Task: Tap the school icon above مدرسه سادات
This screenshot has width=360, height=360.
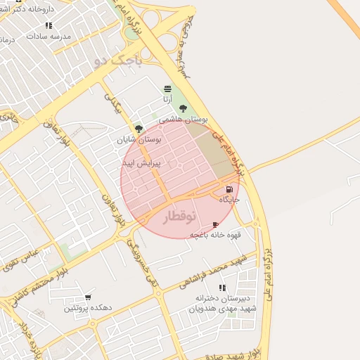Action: tap(49, 25)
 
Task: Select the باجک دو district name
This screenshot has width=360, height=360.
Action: tap(117, 62)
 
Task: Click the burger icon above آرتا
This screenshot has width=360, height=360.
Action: tap(167, 89)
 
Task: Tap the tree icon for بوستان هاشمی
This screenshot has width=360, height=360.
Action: tap(184, 108)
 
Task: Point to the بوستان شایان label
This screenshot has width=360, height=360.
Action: tap(139, 140)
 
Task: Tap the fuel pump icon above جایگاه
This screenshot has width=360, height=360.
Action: tap(229, 190)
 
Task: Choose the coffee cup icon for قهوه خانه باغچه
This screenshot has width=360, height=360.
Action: tap(215, 224)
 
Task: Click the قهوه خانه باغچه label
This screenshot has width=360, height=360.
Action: tap(215, 235)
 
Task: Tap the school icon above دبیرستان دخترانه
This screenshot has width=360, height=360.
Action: tap(222, 288)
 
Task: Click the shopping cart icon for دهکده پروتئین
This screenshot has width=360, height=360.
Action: tap(88, 297)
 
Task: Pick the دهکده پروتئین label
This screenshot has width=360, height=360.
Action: tap(88, 308)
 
